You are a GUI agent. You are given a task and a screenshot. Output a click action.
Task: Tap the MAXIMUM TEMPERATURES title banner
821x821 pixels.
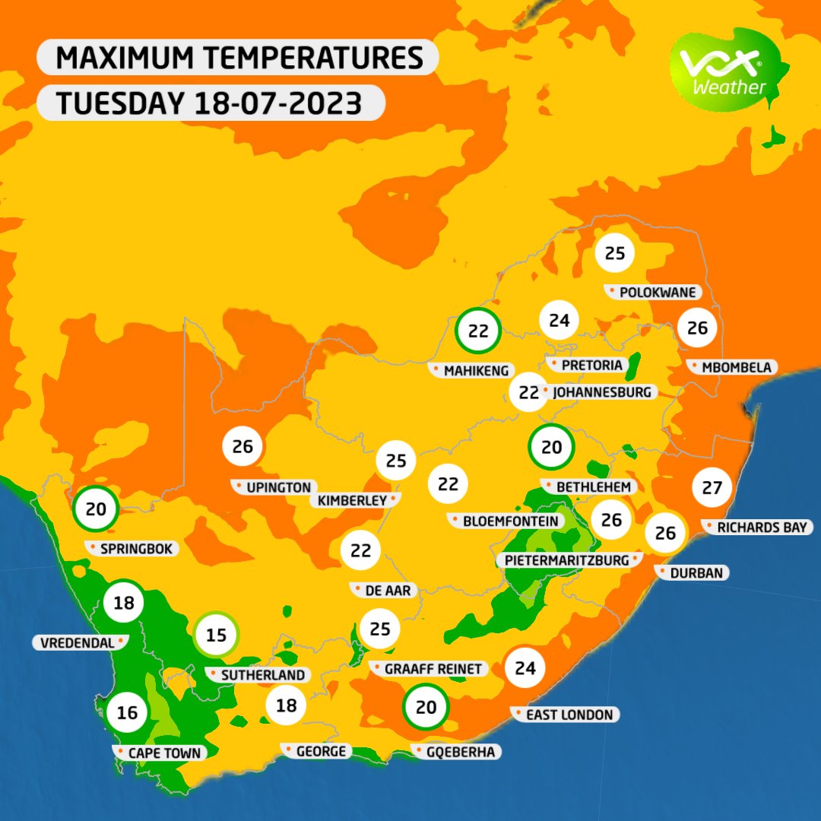click(x=237, y=59)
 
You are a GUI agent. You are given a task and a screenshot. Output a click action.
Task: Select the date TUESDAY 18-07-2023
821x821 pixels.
click(x=210, y=103)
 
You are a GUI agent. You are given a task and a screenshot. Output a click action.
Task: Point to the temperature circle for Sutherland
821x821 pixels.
click(x=217, y=634)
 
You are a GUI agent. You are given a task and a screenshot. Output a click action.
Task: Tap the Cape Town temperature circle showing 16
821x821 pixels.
click(x=127, y=712)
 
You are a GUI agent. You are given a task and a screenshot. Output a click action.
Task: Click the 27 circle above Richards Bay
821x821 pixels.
click(x=712, y=488)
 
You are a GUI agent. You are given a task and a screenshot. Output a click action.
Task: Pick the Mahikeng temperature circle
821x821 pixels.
click(x=477, y=331)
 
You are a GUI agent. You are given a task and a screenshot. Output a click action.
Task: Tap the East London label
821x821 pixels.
click(x=569, y=715)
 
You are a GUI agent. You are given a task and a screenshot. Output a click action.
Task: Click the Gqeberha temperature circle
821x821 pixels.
click(x=426, y=707)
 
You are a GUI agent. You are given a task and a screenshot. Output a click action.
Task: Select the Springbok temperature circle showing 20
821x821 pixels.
click(x=96, y=509)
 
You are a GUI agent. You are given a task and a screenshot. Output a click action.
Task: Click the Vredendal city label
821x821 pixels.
click(x=76, y=642)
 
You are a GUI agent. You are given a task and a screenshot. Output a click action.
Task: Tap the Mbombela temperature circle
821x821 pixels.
click(x=697, y=328)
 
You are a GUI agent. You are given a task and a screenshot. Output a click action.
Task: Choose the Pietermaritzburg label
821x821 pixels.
click(x=567, y=560)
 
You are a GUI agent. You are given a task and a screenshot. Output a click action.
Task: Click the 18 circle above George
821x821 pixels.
click(x=286, y=705)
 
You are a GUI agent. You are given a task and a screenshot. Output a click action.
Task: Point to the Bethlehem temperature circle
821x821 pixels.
click(x=551, y=447)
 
